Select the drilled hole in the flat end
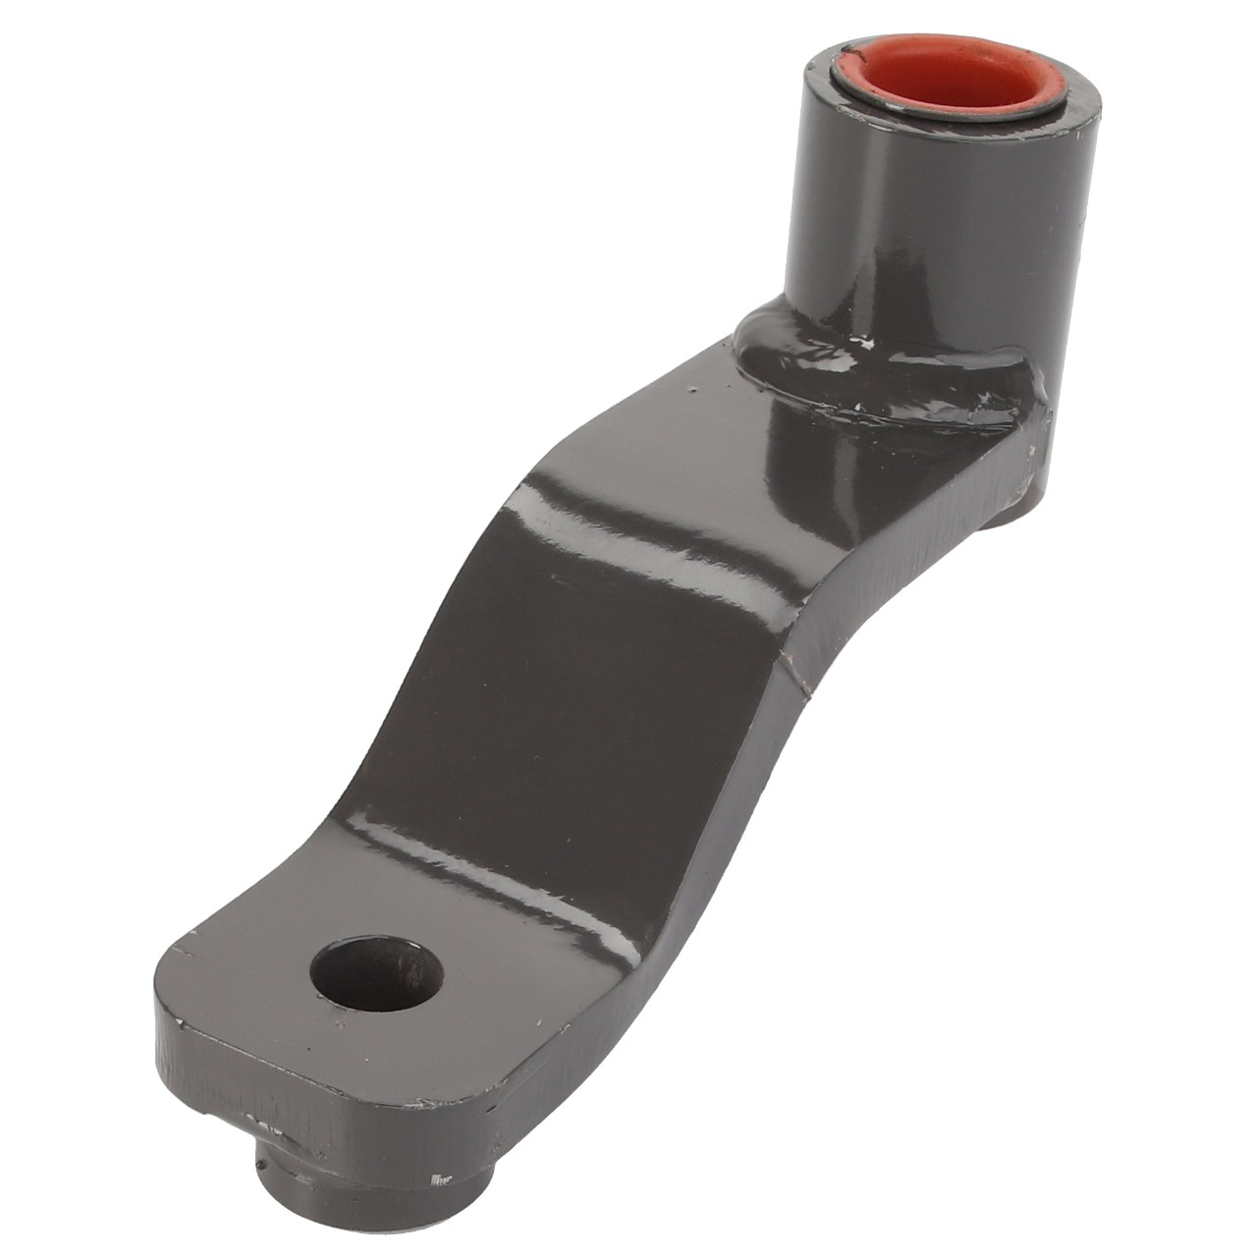(x=376, y=974)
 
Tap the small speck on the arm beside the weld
(x=695, y=389)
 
